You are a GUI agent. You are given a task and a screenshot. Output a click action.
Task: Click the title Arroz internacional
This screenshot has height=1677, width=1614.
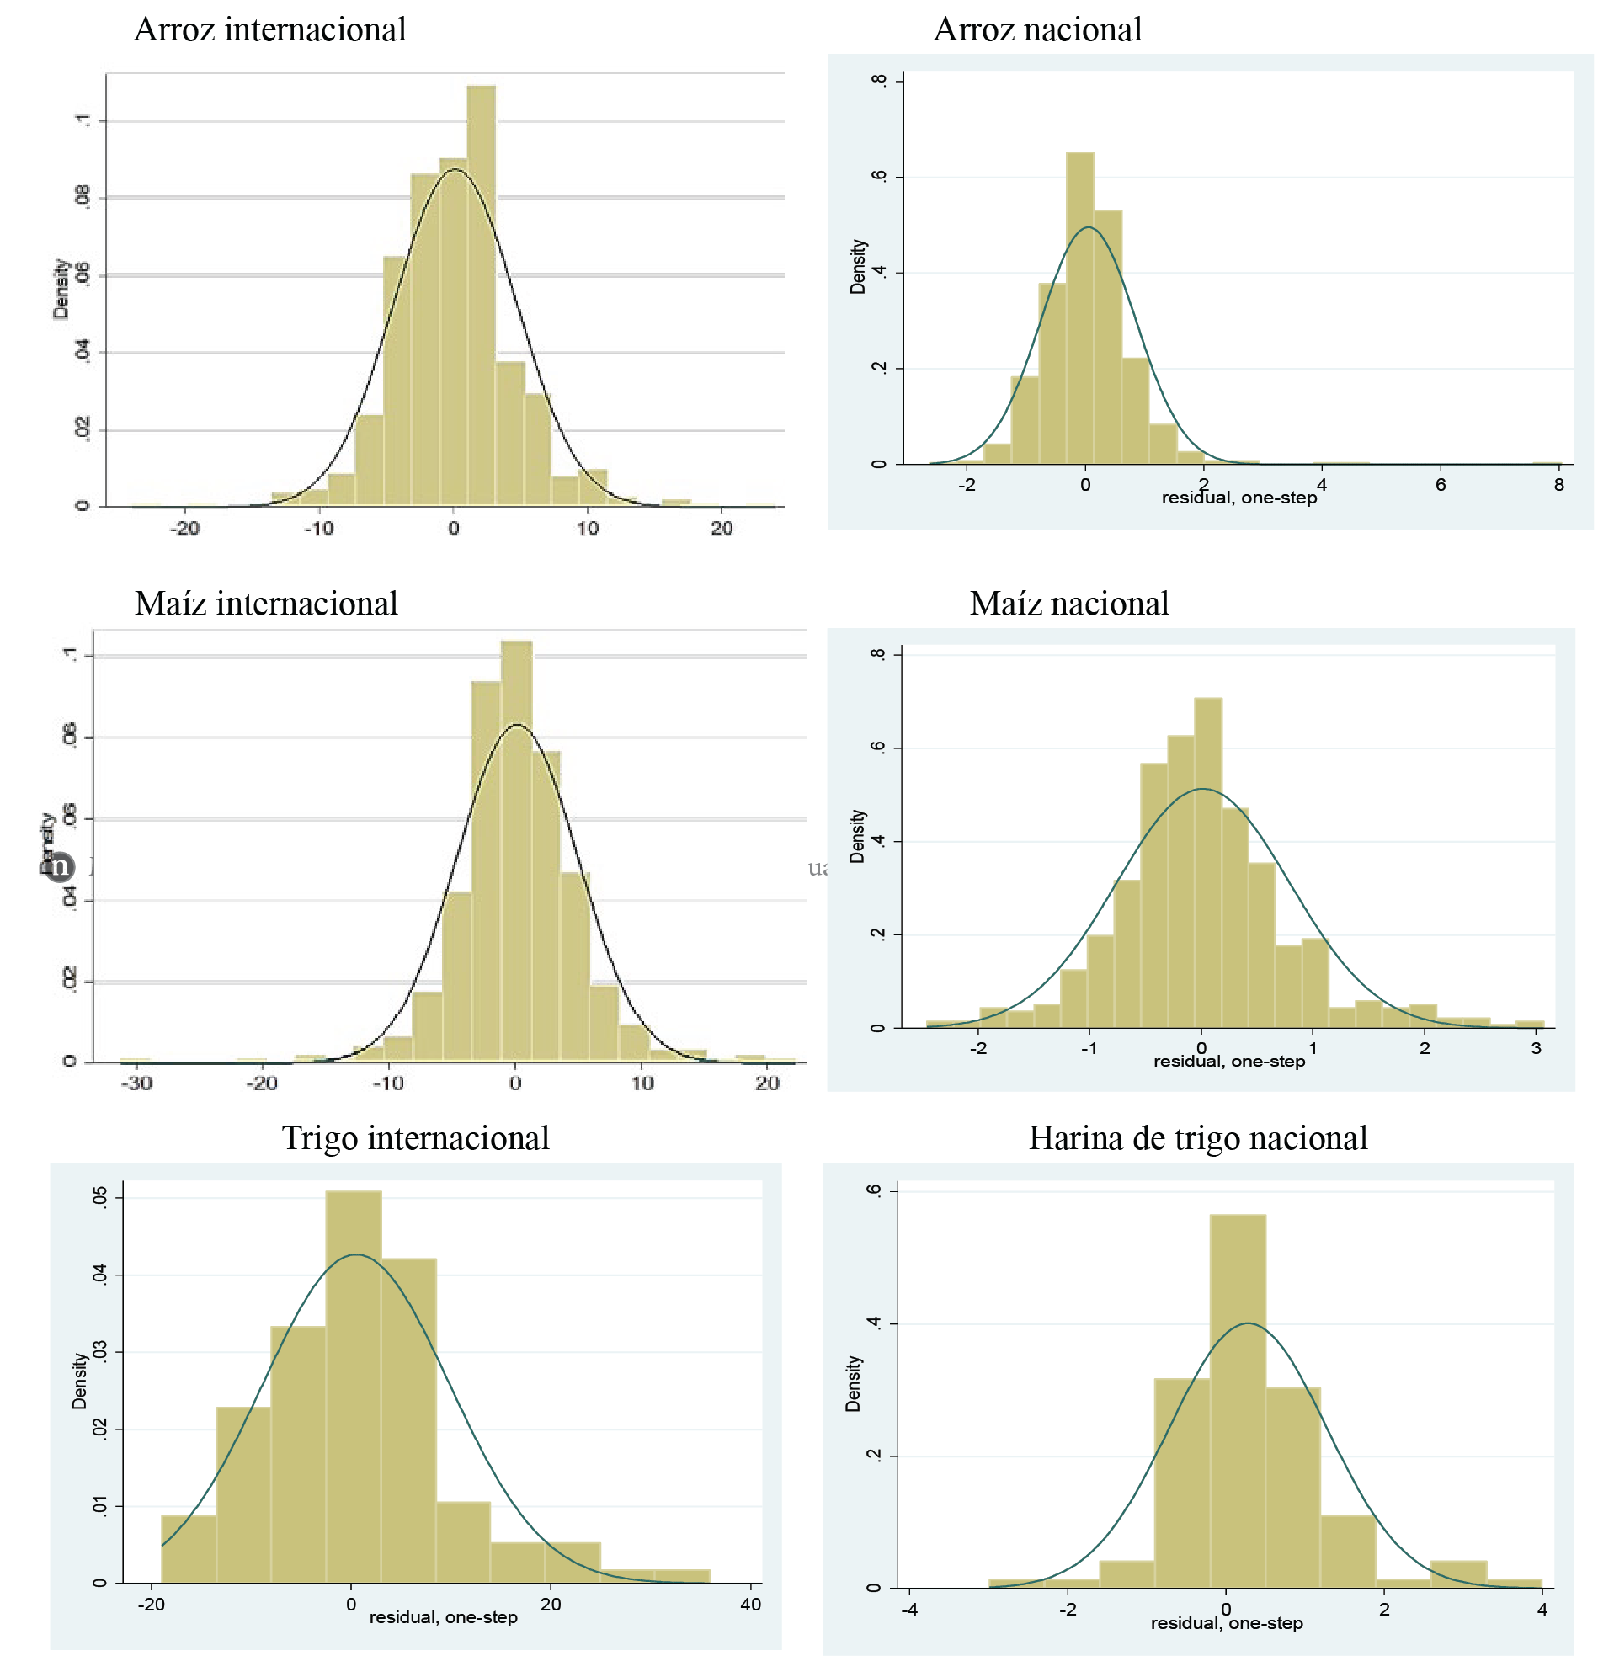pos(269,30)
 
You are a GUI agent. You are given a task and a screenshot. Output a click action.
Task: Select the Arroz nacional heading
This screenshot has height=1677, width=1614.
pos(1037,30)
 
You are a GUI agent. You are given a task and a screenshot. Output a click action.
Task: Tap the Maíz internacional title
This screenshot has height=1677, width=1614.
pos(266,604)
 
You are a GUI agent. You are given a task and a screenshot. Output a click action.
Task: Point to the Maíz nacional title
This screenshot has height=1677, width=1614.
pos(1069,604)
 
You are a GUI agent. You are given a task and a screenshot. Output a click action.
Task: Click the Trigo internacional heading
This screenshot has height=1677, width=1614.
pos(415,1139)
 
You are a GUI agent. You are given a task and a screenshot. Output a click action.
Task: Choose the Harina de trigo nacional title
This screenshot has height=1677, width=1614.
pos(1197,1139)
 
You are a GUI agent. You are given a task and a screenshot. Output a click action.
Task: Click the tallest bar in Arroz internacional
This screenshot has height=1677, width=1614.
pos(480,295)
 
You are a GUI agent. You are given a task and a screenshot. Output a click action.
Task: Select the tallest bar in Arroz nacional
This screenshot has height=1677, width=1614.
pos(1080,308)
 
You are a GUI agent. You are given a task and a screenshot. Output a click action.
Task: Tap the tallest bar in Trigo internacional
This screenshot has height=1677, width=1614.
pos(354,1386)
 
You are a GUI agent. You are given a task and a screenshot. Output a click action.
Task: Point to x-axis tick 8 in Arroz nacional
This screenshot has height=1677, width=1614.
pos(1558,485)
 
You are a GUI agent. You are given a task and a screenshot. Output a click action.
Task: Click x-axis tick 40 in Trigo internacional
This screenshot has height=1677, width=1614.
pos(750,1605)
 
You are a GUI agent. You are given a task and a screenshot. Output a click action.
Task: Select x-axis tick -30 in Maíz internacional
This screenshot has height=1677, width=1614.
pos(136,1083)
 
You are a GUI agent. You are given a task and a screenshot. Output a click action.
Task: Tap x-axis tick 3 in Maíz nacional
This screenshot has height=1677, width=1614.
pos(1537,1048)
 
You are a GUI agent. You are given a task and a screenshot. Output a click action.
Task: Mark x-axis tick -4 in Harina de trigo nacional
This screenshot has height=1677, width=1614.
pos(909,1610)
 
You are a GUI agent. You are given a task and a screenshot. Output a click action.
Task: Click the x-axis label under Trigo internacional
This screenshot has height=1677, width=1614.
pos(444,1618)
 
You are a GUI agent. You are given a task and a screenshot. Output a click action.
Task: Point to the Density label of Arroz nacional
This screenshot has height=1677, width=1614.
pos(857,267)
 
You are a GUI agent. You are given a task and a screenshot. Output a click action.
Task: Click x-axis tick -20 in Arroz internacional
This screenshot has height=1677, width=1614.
pos(184,528)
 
